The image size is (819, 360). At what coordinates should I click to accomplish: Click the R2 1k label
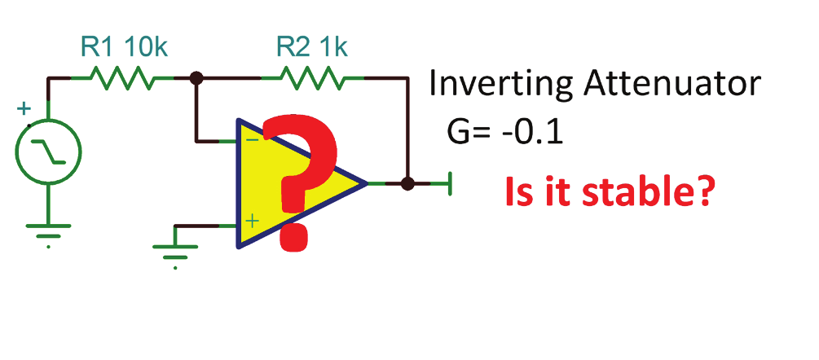tap(310, 48)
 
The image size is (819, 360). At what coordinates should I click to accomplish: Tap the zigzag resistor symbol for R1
tap(122, 79)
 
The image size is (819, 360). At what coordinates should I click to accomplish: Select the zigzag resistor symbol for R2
tap(312, 79)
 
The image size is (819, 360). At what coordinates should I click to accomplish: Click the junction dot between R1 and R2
tap(196, 79)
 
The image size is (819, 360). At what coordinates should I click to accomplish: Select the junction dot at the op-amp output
tap(408, 183)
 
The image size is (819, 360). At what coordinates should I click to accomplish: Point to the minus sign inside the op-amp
tap(251, 140)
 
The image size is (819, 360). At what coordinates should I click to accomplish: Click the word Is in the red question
tap(519, 192)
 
